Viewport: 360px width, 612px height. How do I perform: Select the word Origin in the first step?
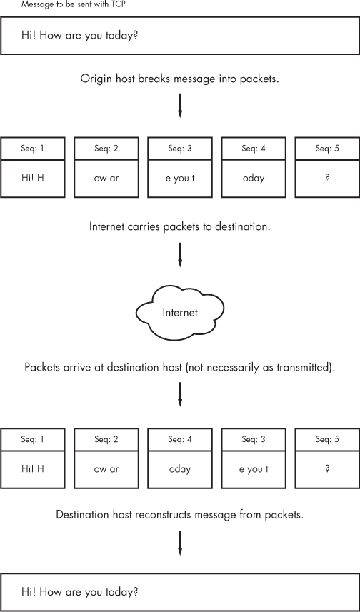(x=96, y=79)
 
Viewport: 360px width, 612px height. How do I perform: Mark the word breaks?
(x=158, y=79)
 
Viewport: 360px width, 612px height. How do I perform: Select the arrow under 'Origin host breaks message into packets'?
(x=180, y=105)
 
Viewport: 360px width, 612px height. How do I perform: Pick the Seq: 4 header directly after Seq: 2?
(x=180, y=438)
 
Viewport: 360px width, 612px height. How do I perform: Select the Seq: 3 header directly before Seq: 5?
(x=253, y=438)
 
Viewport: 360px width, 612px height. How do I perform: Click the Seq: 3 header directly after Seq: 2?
(x=180, y=148)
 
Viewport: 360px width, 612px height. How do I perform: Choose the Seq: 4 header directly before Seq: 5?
(x=253, y=148)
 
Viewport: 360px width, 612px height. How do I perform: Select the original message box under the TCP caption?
(x=180, y=36)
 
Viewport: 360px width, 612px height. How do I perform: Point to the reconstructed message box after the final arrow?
(x=180, y=592)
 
